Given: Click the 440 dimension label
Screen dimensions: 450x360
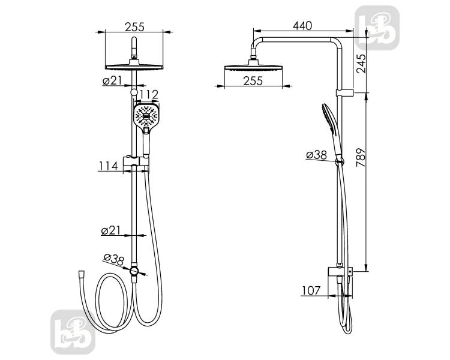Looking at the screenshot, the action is [x=302, y=26].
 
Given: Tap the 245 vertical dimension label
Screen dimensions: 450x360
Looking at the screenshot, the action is [x=361, y=64].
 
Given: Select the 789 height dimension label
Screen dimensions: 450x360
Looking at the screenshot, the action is [x=361, y=158].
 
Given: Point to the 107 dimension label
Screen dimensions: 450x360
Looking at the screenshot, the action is [x=311, y=291].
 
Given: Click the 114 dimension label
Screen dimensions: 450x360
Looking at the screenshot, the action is [x=108, y=166].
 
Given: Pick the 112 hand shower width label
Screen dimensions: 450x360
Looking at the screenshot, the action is [x=149, y=94].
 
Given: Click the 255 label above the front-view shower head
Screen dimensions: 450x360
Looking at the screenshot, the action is [x=134, y=27].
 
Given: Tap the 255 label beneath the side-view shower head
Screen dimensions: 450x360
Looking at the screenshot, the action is [x=253, y=81].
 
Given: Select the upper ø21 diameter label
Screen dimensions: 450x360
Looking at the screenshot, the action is [x=112, y=80].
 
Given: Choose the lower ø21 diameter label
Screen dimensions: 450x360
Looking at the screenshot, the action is [x=111, y=230].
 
